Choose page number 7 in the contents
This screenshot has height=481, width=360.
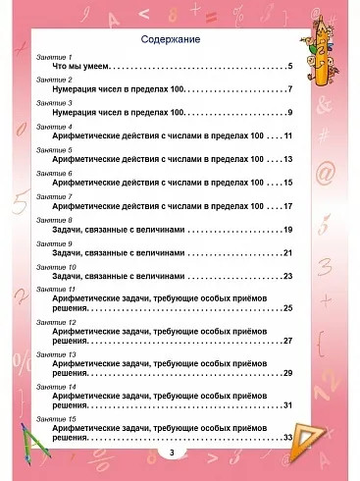291,90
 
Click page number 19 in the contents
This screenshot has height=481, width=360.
287,230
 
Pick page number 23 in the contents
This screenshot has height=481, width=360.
287,277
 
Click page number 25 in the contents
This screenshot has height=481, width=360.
287,309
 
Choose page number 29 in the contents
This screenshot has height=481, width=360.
287,373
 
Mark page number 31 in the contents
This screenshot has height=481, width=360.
287,405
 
